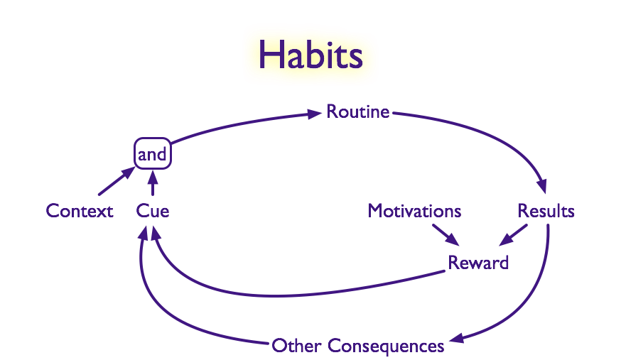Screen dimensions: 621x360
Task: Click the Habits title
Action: tap(310, 54)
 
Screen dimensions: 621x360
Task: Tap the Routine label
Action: tap(357, 111)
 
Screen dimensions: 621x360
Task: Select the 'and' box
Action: tap(152, 154)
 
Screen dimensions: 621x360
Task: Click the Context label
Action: tap(80, 211)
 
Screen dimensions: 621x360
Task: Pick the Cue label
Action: tap(153, 211)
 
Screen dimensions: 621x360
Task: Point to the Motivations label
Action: tap(414, 211)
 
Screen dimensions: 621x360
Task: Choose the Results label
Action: tap(546, 211)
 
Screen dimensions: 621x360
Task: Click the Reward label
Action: tap(478, 263)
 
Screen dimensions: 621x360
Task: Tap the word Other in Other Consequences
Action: tap(296, 346)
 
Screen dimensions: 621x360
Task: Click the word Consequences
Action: tap(386, 346)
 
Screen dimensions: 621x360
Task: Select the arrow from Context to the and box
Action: tap(115, 182)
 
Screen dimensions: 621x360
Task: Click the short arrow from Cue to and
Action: tap(152, 185)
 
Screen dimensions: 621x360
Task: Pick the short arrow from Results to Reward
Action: tap(513, 235)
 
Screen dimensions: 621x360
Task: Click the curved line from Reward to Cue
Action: tap(284, 293)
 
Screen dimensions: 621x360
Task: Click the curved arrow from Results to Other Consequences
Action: tap(533, 298)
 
